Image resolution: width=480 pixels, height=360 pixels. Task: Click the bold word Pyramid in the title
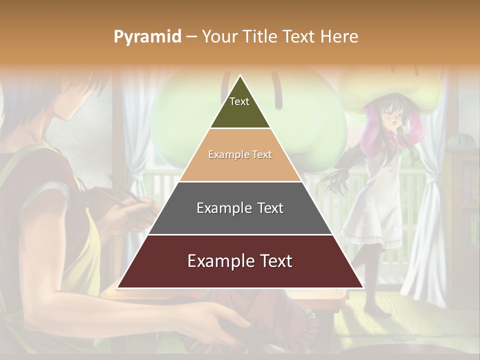[x=147, y=37]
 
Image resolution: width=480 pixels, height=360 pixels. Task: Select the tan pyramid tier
[x=240, y=155]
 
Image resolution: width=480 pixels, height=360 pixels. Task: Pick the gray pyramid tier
[x=240, y=208]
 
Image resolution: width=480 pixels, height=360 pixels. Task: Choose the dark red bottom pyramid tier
[x=240, y=261]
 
